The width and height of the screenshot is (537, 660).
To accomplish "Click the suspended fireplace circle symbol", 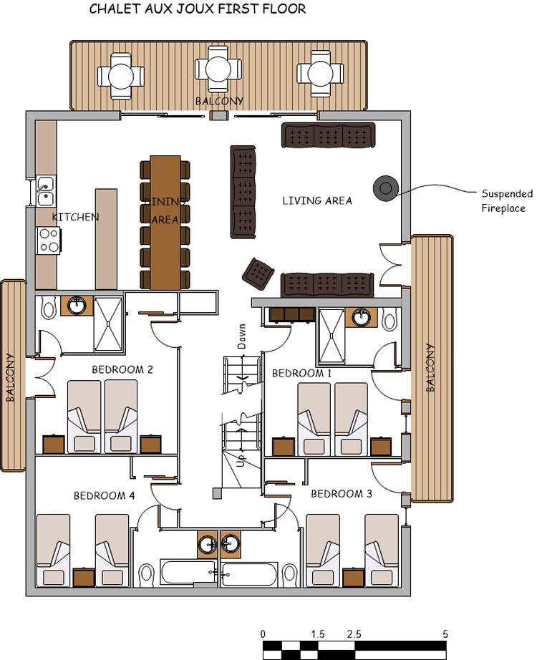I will (385, 188).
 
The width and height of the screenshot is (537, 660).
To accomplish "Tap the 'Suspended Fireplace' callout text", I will (506, 201).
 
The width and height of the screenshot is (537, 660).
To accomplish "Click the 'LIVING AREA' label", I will (317, 201).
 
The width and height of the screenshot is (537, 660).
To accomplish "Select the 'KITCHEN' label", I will (75, 217).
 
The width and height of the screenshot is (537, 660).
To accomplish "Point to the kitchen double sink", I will (45, 190).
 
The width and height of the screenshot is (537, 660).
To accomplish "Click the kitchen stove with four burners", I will (48, 241).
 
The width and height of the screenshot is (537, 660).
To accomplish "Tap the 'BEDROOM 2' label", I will (122, 370).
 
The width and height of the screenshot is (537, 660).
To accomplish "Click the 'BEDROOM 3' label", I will (342, 494).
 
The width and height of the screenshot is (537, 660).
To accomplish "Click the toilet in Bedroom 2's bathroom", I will (49, 308).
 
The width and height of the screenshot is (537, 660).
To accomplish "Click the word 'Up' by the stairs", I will (240, 461).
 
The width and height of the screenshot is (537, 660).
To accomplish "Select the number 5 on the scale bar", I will (445, 634).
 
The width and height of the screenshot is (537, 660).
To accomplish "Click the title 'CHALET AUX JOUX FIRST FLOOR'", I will (198, 9).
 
